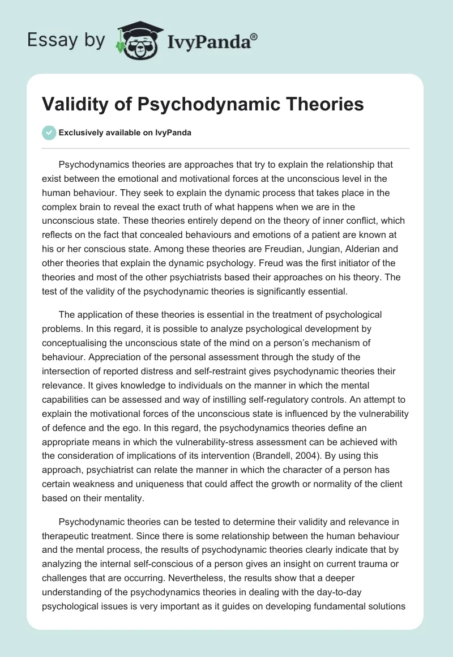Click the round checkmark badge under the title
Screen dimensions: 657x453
(x=49, y=133)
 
